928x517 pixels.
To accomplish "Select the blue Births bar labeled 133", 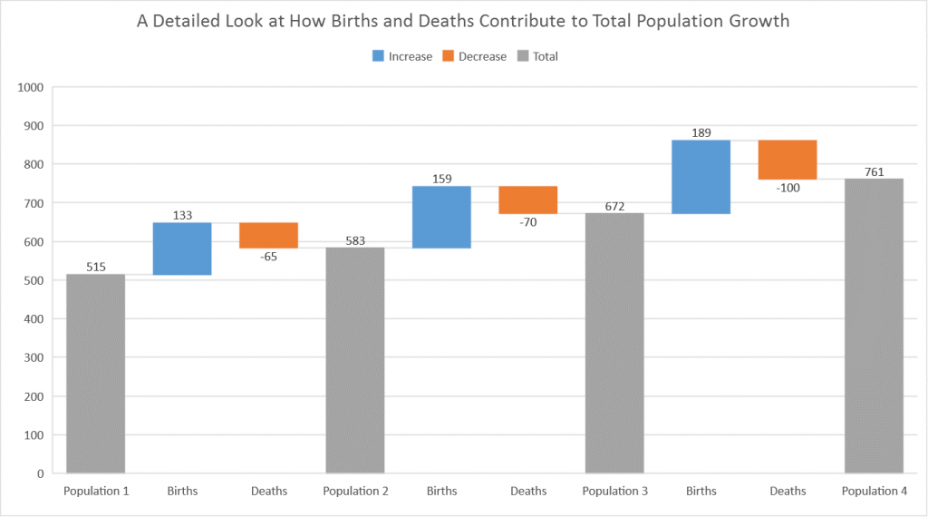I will point(182,249).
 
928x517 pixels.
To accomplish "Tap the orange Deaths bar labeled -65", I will point(268,235).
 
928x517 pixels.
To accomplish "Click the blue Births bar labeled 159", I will point(441,217).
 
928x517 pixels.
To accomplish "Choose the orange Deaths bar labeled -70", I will point(527,200).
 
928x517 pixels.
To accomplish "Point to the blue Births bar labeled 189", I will point(701,176).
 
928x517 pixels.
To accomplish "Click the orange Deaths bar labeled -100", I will point(788,160).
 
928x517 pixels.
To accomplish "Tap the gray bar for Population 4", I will point(874,326).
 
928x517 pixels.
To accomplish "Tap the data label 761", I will point(874,171).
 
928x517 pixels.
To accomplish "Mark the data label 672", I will point(614,206).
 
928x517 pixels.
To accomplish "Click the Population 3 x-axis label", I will point(614,492).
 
